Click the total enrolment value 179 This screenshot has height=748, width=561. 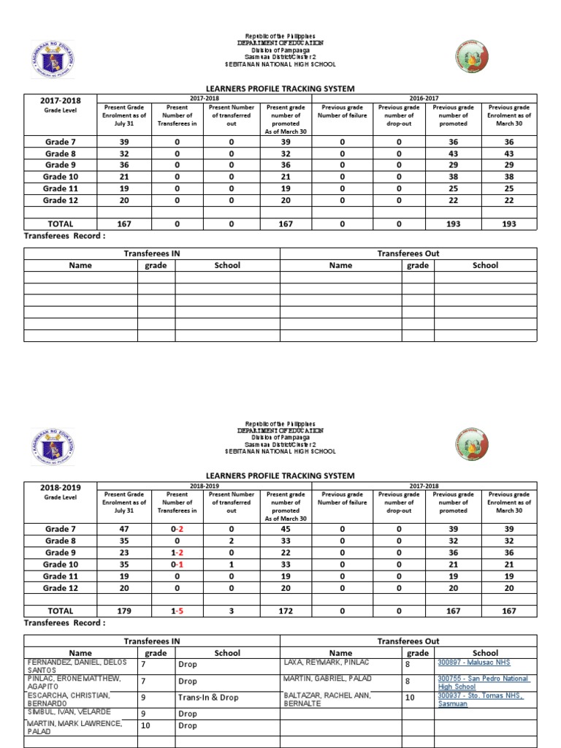125,611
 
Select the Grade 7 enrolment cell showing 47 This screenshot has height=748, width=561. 125,529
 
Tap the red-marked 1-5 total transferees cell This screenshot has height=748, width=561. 177,611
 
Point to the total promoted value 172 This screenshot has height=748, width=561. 286,611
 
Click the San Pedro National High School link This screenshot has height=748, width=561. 483,683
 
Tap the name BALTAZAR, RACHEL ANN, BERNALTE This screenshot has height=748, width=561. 327,699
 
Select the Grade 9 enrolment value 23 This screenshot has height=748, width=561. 125,552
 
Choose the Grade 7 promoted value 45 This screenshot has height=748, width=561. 286,529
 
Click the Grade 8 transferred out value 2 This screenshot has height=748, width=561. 231,541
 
